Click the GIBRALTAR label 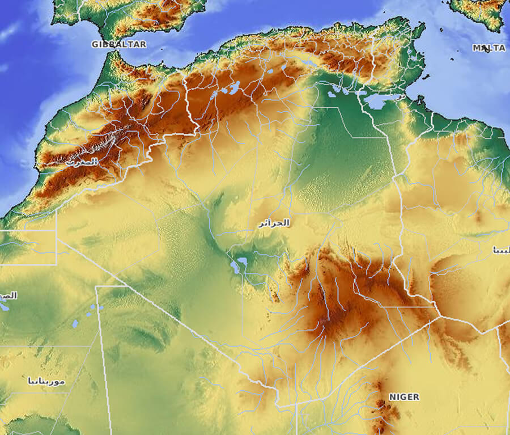119,44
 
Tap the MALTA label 488,48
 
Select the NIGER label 404,397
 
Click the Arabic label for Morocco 82,162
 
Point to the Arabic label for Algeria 274,223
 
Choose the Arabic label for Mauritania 46,381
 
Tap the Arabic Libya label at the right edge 501,250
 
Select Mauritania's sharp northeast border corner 97,287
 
